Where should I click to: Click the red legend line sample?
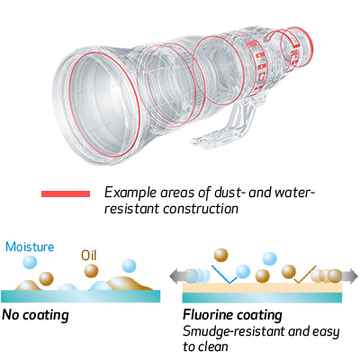click(x=66, y=193)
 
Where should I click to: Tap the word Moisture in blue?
click(x=30, y=247)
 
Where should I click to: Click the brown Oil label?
click(x=89, y=256)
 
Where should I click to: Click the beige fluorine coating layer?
click(x=262, y=287)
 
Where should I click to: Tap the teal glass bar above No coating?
click(x=81, y=296)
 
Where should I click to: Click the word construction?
click(x=201, y=209)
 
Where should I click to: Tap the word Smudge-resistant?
click(x=234, y=332)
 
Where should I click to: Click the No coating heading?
click(x=35, y=315)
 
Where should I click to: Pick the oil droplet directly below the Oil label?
click(x=91, y=271)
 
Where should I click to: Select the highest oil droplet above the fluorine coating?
click(x=220, y=255)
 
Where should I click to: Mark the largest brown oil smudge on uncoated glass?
click(x=128, y=283)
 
